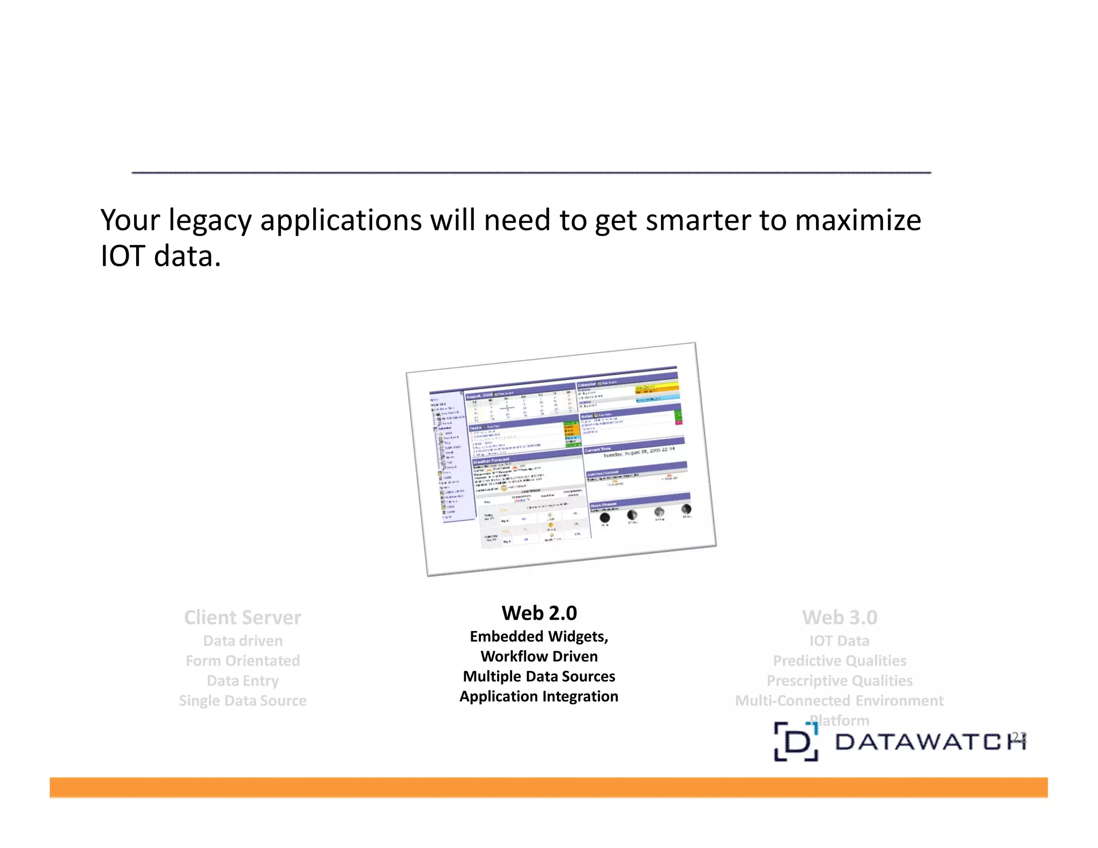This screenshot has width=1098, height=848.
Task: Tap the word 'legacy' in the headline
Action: pos(210,220)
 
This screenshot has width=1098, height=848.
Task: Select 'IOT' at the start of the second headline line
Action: pos(123,256)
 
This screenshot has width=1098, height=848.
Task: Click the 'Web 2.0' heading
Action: pos(539,613)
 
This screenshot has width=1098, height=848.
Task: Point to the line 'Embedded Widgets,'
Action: pos(539,636)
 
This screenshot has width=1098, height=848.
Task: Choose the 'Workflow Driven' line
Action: pos(539,656)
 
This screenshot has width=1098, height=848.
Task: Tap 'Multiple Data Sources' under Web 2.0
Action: pos(539,676)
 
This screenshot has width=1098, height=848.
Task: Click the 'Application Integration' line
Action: pos(539,696)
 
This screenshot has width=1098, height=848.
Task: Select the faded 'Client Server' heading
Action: pos(242,618)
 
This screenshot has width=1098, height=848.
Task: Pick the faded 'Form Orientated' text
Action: pos(242,660)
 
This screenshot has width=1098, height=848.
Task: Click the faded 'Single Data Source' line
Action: pos(242,701)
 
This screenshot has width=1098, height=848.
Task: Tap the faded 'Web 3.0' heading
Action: pos(840,618)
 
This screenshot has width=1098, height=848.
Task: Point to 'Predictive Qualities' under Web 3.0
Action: pos(840,660)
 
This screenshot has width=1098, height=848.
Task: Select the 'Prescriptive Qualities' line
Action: pos(840,681)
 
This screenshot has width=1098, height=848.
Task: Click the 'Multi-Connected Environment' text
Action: pos(840,701)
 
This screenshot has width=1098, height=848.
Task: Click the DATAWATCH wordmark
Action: pos(930,742)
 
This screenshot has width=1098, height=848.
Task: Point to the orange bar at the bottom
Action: pos(548,787)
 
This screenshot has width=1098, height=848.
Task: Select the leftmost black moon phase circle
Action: pos(605,518)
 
